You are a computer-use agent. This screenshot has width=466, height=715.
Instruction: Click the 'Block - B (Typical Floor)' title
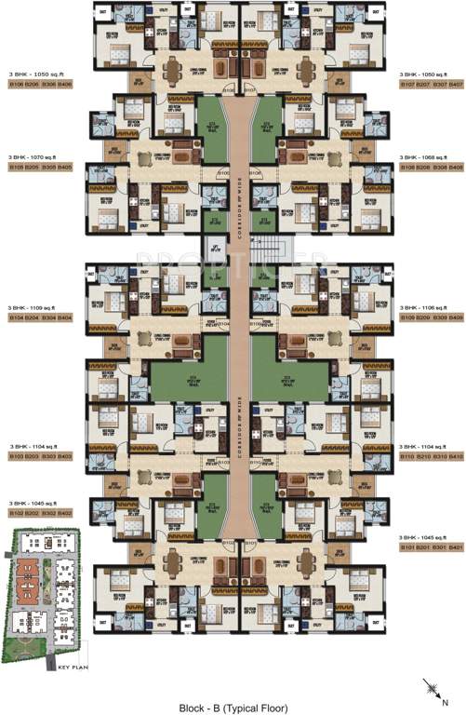[233, 699]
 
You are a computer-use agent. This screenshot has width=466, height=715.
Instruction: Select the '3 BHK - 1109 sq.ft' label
[33, 308]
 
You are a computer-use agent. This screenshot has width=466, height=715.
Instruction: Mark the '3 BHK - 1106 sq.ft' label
[430, 308]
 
